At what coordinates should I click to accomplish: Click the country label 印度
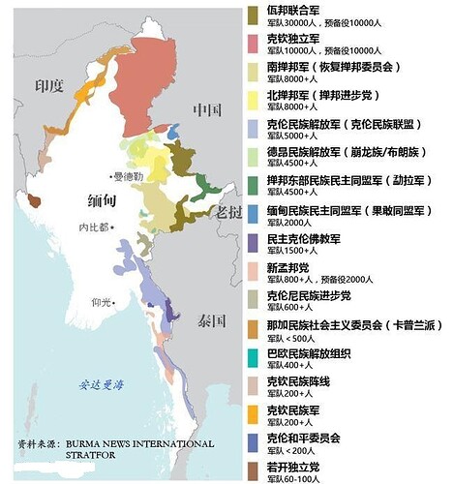pos(47,86)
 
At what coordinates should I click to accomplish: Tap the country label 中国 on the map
pos(208,108)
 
